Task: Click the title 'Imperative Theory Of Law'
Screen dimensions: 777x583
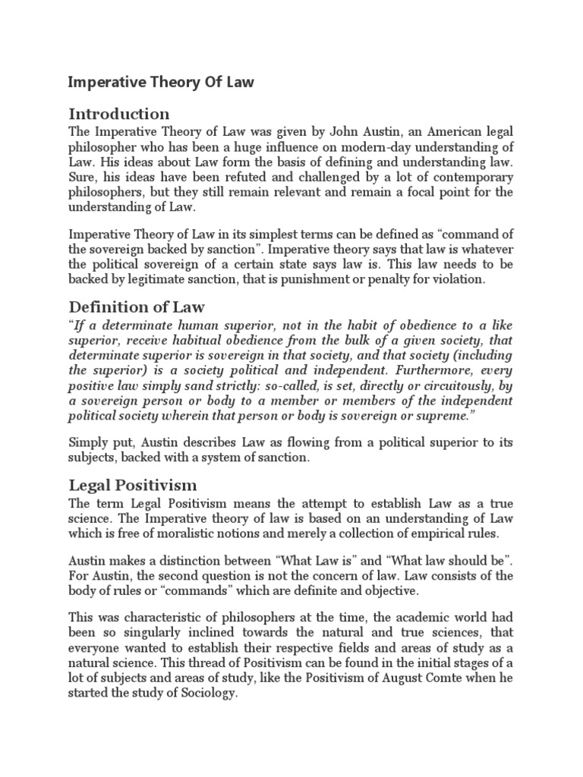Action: [161, 83]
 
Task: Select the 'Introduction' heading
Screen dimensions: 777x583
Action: [119, 114]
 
